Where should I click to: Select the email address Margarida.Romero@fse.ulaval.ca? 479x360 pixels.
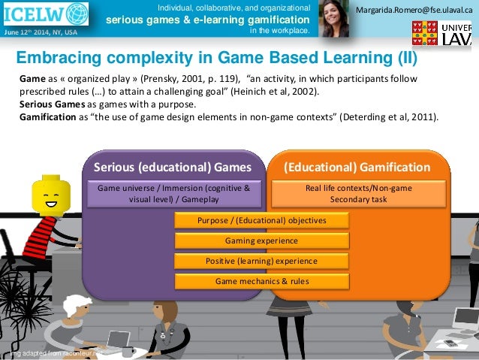point(415,9)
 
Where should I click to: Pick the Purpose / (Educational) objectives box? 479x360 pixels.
point(261,220)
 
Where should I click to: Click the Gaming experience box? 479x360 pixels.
point(261,241)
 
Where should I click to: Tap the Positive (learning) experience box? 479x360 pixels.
point(261,261)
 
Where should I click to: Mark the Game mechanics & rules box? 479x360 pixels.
point(261,281)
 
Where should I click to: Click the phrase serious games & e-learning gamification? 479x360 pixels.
point(206,19)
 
